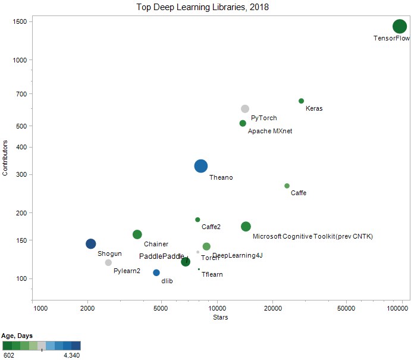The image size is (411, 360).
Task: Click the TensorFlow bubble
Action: pyautogui.click(x=399, y=26)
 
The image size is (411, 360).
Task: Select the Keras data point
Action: pyautogui.click(x=301, y=101)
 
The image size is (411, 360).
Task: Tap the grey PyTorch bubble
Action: pyautogui.click(x=244, y=109)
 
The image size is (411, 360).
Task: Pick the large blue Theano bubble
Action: pyautogui.click(x=201, y=167)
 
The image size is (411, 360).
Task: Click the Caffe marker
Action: pyautogui.click(x=287, y=186)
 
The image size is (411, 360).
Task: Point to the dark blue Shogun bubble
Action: pyautogui.click(x=90, y=243)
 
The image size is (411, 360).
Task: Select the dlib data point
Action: pyautogui.click(x=156, y=273)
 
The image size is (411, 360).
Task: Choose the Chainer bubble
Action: pyautogui.click(x=137, y=234)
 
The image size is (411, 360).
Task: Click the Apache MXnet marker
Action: pyautogui.click(x=243, y=123)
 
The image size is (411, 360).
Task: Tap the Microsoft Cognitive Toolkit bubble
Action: pyautogui.click(x=246, y=226)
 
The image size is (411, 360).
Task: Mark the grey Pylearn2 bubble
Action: pyautogui.click(x=108, y=262)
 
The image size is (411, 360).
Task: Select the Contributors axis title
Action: pyautogui.click(x=5, y=158)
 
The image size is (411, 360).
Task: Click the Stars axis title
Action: pyautogui.click(x=220, y=317)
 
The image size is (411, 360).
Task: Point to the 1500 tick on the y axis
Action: pyautogui.click(x=23, y=21)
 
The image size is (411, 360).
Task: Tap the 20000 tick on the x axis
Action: pyautogui.click(x=272, y=308)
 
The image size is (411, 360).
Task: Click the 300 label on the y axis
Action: pyautogui.click(x=22, y=174)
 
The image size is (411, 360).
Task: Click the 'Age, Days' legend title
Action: pyautogui.click(x=17, y=336)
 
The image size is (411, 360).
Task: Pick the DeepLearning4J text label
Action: pyautogui.click(x=237, y=255)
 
